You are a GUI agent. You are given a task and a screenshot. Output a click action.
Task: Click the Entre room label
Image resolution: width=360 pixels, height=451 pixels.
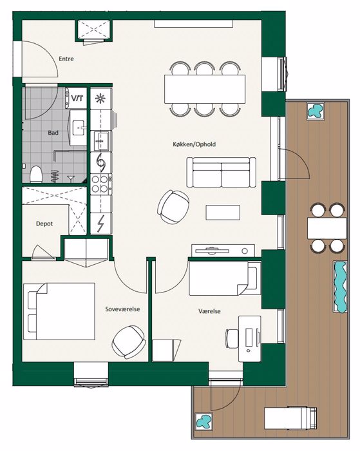(66, 59)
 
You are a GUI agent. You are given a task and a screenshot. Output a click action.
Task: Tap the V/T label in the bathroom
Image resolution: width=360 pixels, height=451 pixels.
(77, 99)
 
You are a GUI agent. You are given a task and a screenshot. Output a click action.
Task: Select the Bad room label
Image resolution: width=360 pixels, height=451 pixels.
(53, 133)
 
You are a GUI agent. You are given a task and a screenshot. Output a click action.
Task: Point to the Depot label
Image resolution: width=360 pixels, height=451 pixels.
(44, 224)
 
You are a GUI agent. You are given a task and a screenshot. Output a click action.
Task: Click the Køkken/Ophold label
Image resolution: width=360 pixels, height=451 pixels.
(194, 144)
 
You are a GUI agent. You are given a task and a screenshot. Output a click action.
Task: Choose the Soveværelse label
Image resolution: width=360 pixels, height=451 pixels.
(122, 309)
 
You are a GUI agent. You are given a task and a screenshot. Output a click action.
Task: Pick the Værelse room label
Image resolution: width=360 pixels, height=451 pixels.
(209, 311)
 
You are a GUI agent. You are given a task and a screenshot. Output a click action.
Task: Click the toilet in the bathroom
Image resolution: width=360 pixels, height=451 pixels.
(36, 174)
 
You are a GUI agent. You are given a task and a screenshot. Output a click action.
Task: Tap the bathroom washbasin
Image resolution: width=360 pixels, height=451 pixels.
(78, 128)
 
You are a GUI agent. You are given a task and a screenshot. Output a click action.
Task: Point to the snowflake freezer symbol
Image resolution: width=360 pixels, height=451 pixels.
(100, 99)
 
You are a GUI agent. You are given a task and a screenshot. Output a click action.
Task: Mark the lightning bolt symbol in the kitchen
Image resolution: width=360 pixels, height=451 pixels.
(101, 224)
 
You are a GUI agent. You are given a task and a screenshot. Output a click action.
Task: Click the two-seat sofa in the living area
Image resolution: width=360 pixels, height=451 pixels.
(221, 172)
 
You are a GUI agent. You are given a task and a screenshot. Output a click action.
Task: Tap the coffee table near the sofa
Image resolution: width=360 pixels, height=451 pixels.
(223, 213)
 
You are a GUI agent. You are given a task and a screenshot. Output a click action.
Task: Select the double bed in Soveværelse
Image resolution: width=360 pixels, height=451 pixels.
(59, 311)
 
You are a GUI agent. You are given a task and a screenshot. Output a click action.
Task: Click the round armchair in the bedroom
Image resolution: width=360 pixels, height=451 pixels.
(129, 342)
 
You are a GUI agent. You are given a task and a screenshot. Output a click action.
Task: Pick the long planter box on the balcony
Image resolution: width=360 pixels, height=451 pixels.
(340, 287)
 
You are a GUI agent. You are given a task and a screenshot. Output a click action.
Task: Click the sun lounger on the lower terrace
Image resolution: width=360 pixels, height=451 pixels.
(290, 418)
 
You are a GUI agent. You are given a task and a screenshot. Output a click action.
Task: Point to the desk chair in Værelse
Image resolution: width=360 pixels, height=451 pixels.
(232, 338)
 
